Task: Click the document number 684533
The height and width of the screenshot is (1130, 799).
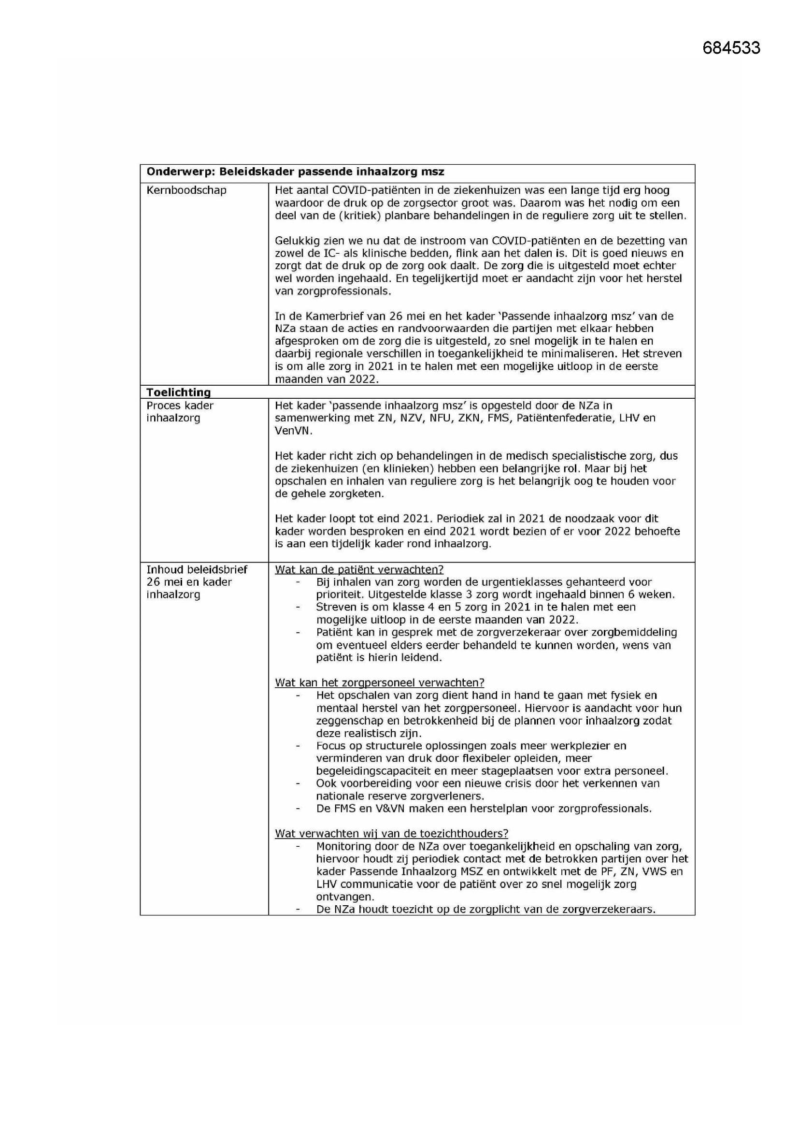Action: (x=731, y=48)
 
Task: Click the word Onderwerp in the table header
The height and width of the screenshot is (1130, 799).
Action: (x=180, y=172)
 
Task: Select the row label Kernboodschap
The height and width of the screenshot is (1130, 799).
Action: (x=186, y=190)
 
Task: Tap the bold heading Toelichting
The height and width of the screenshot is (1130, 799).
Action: (x=179, y=392)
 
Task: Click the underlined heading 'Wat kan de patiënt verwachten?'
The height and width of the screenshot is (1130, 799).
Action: (x=359, y=569)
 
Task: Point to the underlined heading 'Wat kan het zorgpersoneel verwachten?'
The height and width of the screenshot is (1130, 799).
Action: (x=379, y=682)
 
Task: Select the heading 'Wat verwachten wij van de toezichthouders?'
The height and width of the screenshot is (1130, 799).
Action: (x=391, y=833)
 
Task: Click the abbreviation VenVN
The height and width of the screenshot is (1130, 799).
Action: (x=293, y=431)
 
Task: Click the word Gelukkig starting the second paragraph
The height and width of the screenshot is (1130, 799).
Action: (x=297, y=241)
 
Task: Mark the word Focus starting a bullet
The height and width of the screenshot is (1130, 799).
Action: (x=330, y=746)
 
